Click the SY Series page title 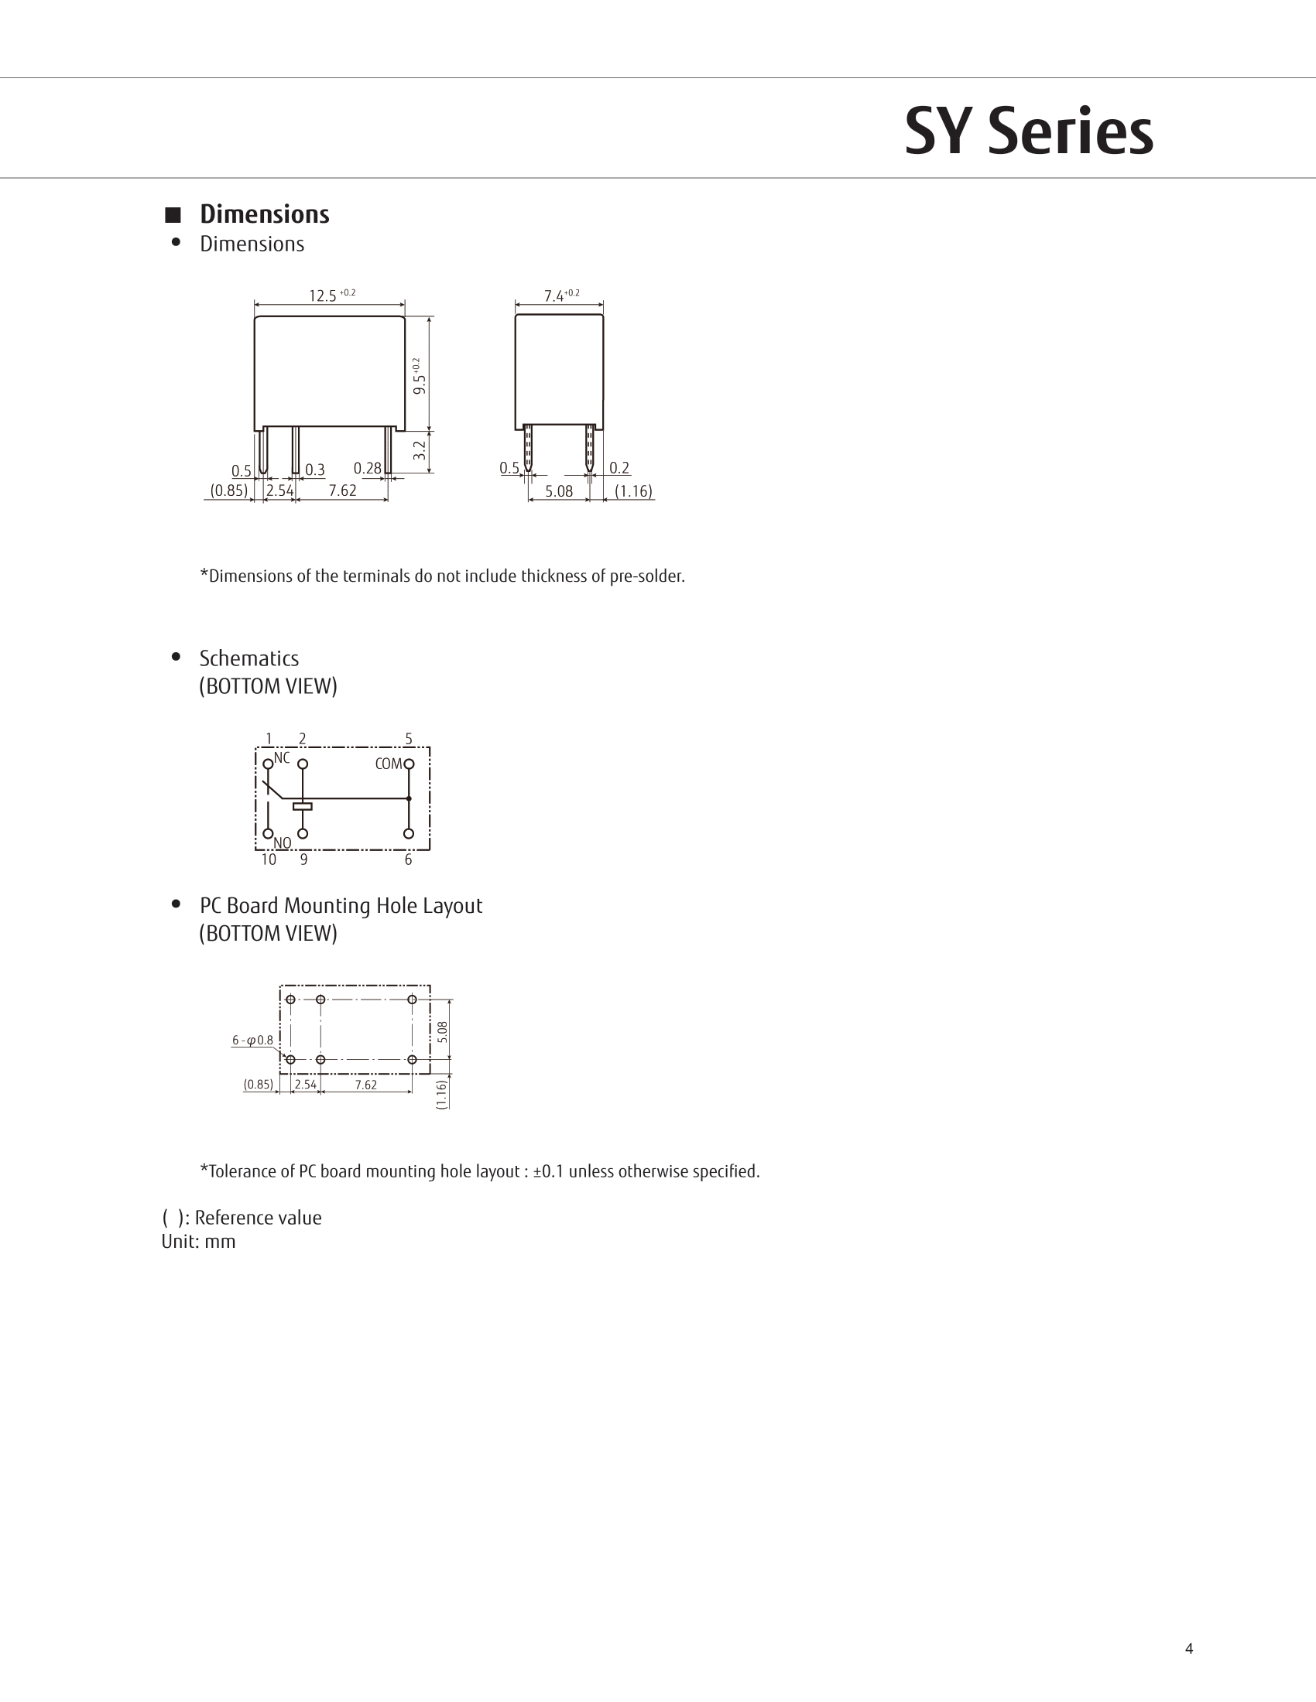pyautogui.click(x=1028, y=132)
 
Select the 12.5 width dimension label pyautogui.click(x=323, y=296)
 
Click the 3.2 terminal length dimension pyautogui.click(x=420, y=450)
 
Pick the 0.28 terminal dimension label pyautogui.click(x=367, y=468)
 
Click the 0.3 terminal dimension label pyautogui.click(x=315, y=470)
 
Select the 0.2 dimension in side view pyautogui.click(x=619, y=468)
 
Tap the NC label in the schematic pyautogui.click(x=282, y=757)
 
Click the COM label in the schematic pyautogui.click(x=389, y=764)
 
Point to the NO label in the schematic pyautogui.click(x=283, y=843)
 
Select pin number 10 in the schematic pyautogui.click(x=268, y=860)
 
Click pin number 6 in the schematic pyautogui.click(x=409, y=860)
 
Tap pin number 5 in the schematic pyautogui.click(x=409, y=739)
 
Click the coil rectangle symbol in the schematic pyautogui.click(x=303, y=806)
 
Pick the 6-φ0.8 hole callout pyautogui.click(x=252, y=1041)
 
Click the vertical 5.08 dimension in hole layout pyautogui.click(x=443, y=1031)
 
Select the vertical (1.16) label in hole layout pyautogui.click(x=443, y=1093)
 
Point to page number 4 pyautogui.click(x=1189, y=1648)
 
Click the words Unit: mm pyautogui.click(x=198, y=1242)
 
